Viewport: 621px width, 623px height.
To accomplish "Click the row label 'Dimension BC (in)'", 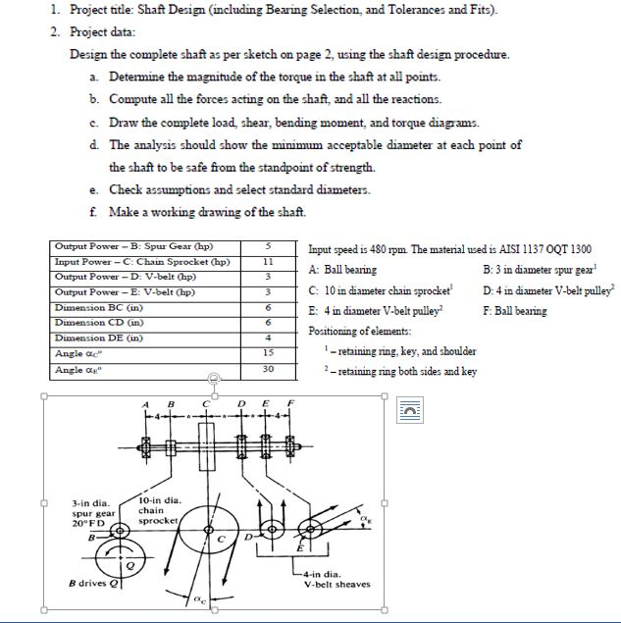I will pyautogui.click(x=97, y=306).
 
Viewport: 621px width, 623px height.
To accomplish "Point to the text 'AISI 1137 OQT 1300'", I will pyautogui.click(x=544, y=249).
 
